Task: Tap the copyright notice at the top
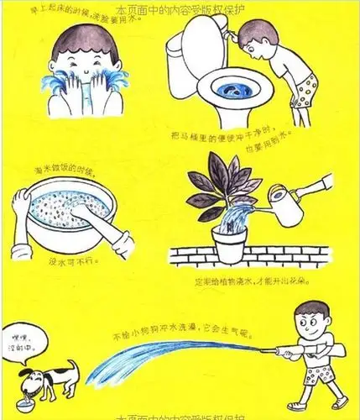point(180,9)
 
